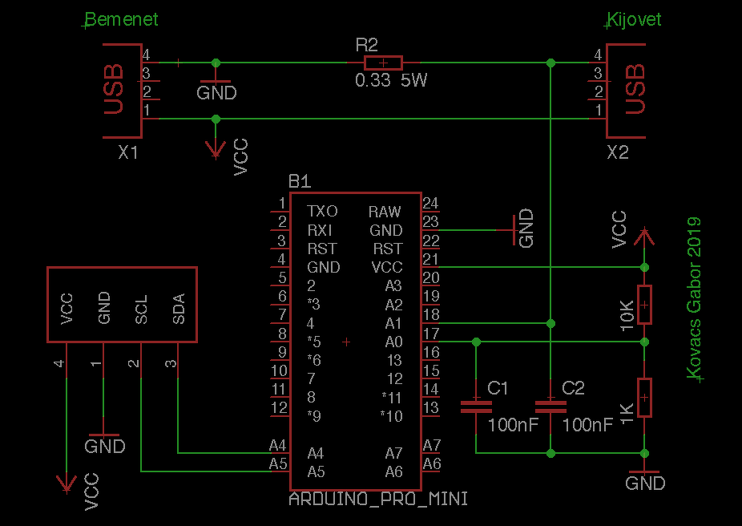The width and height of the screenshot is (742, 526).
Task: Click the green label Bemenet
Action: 122,19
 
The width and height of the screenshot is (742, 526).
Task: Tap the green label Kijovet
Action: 634,19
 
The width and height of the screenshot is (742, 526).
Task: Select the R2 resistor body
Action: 383,63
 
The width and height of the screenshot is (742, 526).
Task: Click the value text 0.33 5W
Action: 391,80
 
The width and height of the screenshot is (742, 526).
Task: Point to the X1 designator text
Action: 127,153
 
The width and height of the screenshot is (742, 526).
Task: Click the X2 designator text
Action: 618,153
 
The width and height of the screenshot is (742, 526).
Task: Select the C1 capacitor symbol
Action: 477,407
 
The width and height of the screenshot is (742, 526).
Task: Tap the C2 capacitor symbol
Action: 550,407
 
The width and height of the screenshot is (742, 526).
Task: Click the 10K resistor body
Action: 644,305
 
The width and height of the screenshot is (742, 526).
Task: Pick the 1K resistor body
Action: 644,398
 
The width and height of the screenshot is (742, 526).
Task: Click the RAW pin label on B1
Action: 385,212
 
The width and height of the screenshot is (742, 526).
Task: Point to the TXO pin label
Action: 322,211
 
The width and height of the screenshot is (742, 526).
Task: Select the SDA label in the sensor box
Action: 179,309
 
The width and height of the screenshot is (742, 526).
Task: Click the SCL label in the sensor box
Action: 141,310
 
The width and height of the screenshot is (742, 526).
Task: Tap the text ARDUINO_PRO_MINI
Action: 378,499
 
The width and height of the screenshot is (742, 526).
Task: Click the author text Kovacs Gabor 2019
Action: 694,298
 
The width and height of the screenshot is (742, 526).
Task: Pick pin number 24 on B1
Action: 430,203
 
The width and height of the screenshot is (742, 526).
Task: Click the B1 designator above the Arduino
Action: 300,182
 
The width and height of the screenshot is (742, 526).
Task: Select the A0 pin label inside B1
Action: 393,342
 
